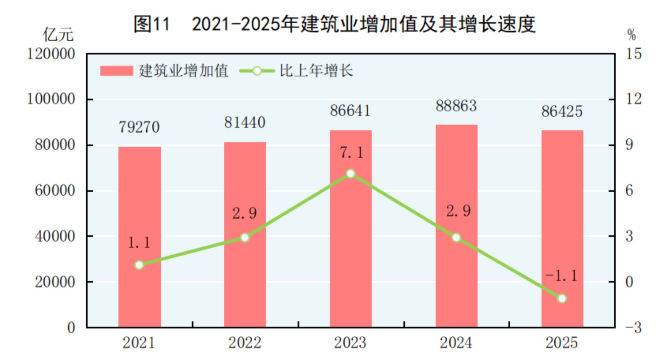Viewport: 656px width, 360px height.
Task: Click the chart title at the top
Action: click(334, 24)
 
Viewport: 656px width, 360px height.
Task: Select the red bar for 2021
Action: click(140, 237)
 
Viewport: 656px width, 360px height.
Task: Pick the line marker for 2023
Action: click(350, 174)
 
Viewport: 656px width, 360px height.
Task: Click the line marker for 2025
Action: click(562, 298)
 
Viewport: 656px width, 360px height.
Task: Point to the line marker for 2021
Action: click(139, 265)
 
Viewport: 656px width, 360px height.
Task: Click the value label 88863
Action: click(456, 106)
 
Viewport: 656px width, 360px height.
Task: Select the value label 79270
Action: click(139, 127)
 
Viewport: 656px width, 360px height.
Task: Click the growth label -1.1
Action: click(562, 276)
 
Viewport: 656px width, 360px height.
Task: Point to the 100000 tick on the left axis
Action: click(51, 99)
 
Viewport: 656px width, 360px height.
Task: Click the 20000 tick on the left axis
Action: click(55, 282)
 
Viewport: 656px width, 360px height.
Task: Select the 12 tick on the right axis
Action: click(633, 99)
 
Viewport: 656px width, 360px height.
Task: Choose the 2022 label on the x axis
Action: click(245, 343)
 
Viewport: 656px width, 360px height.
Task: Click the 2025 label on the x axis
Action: click(562, 343)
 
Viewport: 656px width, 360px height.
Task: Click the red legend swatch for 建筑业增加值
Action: click(116, 71)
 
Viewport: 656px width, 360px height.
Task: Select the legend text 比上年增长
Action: click(316, 71)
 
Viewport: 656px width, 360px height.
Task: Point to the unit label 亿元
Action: click(58, 35)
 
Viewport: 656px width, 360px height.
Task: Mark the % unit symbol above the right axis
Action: click(631, 35)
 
